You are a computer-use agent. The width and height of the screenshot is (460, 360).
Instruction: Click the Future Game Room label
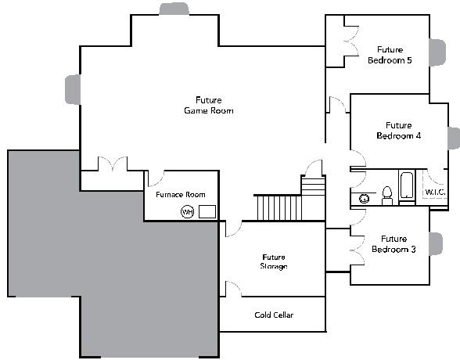pos(209,106)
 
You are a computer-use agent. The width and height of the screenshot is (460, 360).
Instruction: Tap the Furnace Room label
pos(181,195)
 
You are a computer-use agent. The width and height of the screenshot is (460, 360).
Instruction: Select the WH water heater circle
pos(188,212)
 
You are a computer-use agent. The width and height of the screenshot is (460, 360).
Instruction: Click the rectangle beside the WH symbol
pos(207,211)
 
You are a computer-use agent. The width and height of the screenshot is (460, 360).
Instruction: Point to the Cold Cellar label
pos(274,315)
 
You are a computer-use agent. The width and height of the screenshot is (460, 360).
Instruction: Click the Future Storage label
pos(274,261)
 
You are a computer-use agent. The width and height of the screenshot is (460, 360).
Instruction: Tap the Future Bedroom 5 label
pos(390,55)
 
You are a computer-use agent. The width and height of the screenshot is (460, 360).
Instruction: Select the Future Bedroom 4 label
pos(398,131)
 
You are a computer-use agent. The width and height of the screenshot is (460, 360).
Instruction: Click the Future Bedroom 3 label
pos(394,244)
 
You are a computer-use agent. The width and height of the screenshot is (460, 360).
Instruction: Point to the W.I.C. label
pos(435,193)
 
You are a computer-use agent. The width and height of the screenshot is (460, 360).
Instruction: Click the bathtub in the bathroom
pos(407,185)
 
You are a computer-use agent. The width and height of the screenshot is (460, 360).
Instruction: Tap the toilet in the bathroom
pos(387,196)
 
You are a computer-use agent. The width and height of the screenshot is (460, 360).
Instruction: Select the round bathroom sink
pos(364,199)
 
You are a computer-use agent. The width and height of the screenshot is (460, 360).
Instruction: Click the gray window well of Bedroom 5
pos(437,52)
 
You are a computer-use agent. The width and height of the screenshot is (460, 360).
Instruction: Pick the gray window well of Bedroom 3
pos(436,244)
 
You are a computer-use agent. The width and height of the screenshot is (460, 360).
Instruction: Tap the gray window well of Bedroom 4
pos(454,139)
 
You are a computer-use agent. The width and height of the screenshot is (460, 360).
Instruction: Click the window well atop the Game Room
pos(174,9)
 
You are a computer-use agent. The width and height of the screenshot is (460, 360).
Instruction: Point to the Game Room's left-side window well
pos(73,89)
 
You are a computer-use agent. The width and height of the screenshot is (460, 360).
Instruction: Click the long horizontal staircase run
pos(279,207)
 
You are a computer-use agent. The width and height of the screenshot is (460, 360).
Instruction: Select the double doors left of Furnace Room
pos(113,164)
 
